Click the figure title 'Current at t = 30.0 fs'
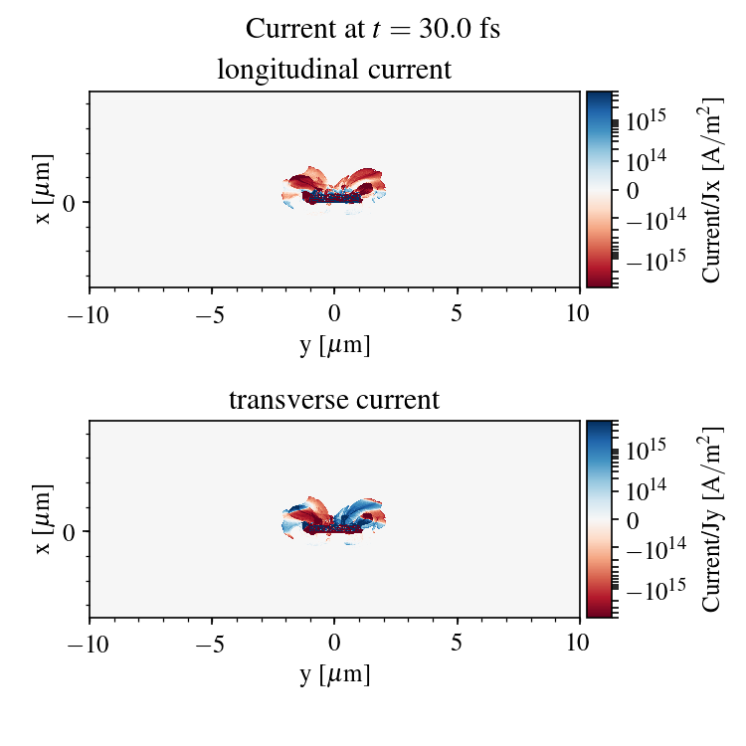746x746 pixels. coord(373,29)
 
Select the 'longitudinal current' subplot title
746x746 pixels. coord(334,71)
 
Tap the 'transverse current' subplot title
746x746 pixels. coord(334,401)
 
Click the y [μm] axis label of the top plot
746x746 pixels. coord(334,345)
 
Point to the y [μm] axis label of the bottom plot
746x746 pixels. coord(334,675)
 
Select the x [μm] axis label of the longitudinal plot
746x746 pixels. coord(43,189)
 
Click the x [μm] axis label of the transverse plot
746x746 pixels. coord(43,519)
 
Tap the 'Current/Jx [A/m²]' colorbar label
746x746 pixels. coord(711,189)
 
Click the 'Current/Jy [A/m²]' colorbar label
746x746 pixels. coord(711,519)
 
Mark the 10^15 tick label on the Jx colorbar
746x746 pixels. coord(646,120)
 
